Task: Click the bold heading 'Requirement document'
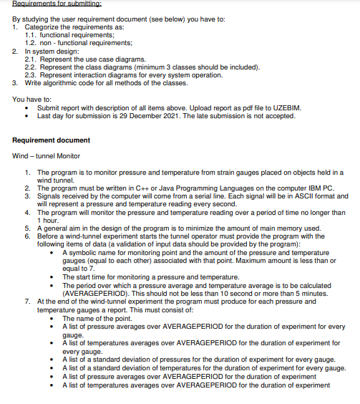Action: pos(52,140)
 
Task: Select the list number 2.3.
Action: pos(31,74)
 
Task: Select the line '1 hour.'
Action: pos(49,220)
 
